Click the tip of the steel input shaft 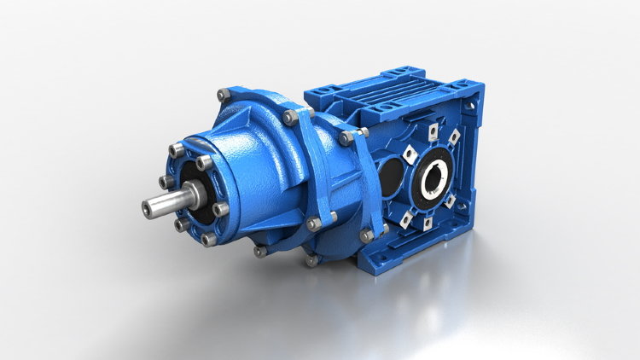tap(145, 206)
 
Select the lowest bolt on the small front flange tap(208, 240)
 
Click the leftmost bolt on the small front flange tap(164, 182)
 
